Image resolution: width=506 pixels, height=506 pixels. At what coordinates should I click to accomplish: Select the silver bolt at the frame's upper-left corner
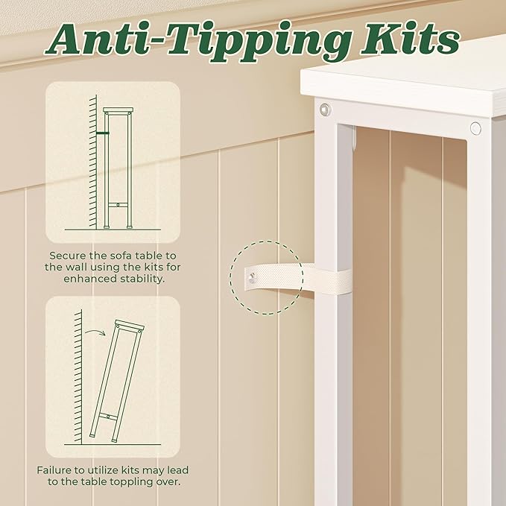click(325, 110)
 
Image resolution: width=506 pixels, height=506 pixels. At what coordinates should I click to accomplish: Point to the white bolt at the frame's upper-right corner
click(475, 128)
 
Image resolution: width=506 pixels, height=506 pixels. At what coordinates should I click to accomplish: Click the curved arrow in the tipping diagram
click(95, 332)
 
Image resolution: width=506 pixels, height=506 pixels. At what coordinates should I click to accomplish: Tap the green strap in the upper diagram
click(103, 133)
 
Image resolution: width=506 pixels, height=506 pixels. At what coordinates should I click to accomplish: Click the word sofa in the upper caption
click(121, 256)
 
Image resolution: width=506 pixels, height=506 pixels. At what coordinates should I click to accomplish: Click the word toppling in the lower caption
click(130, 482)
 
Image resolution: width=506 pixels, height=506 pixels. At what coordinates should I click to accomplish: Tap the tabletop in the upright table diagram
click(118, 110)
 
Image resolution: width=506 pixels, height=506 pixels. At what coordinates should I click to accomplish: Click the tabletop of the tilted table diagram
click(130, 325)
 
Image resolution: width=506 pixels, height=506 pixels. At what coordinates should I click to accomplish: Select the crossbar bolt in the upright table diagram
click(118, 205)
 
